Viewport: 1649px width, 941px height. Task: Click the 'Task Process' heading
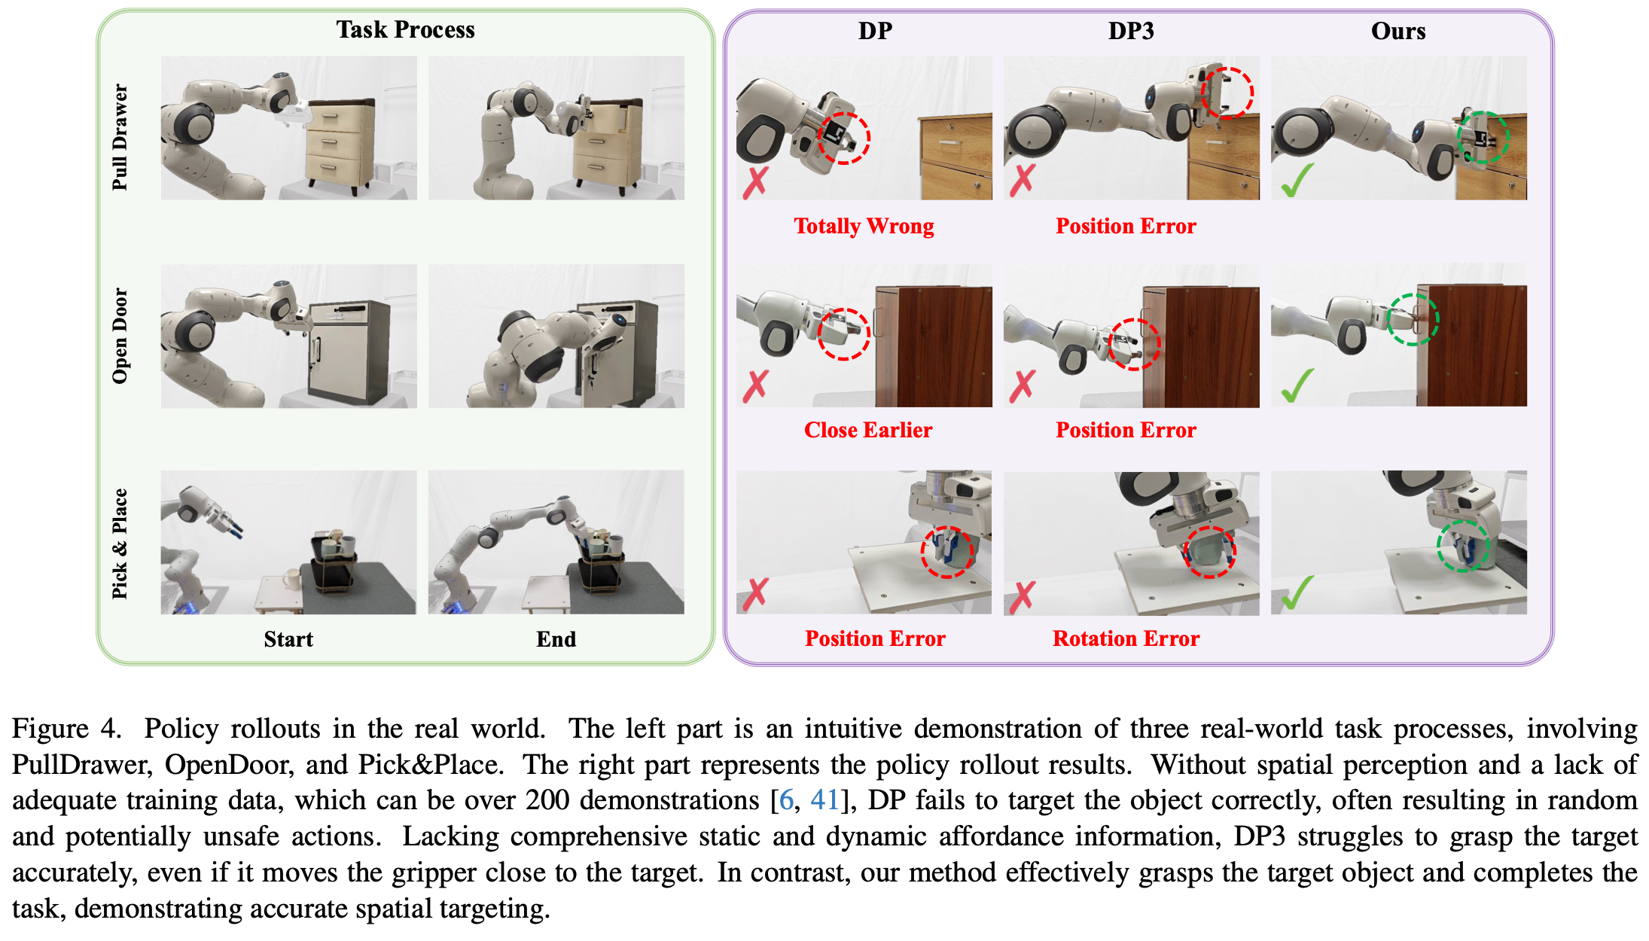pos(405,30)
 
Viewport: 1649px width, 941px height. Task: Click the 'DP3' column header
pos(1131,31)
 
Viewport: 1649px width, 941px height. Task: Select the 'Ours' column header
pos(1398,31)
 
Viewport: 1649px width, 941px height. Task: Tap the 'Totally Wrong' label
pos(864,226)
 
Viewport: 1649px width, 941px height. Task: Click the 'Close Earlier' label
pos(867,430)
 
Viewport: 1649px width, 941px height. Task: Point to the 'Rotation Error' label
pos(1126,638)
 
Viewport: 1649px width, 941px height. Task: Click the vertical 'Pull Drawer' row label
pos(120,137)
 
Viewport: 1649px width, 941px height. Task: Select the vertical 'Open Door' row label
pos(120,336)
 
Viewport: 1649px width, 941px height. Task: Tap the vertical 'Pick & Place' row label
pos(120,544)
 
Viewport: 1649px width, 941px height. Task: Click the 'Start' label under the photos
pos(288,639)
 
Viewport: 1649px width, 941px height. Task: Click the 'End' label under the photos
pos(556,639)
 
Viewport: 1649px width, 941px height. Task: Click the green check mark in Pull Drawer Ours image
pos(1297,181)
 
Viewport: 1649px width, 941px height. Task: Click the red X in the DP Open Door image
pos(755,385)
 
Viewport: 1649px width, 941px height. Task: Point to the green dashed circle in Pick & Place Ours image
pos(1463,546)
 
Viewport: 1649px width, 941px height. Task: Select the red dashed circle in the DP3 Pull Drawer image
pos(1227,93)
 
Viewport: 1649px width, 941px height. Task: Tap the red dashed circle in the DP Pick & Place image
pos(946,552)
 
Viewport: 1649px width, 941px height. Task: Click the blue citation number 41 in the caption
pos(824,799)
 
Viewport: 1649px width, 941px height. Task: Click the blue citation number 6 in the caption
pos(786,799)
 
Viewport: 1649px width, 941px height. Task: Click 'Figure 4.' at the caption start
pos(66,728)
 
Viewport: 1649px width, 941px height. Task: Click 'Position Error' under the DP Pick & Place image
pos(875,638)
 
